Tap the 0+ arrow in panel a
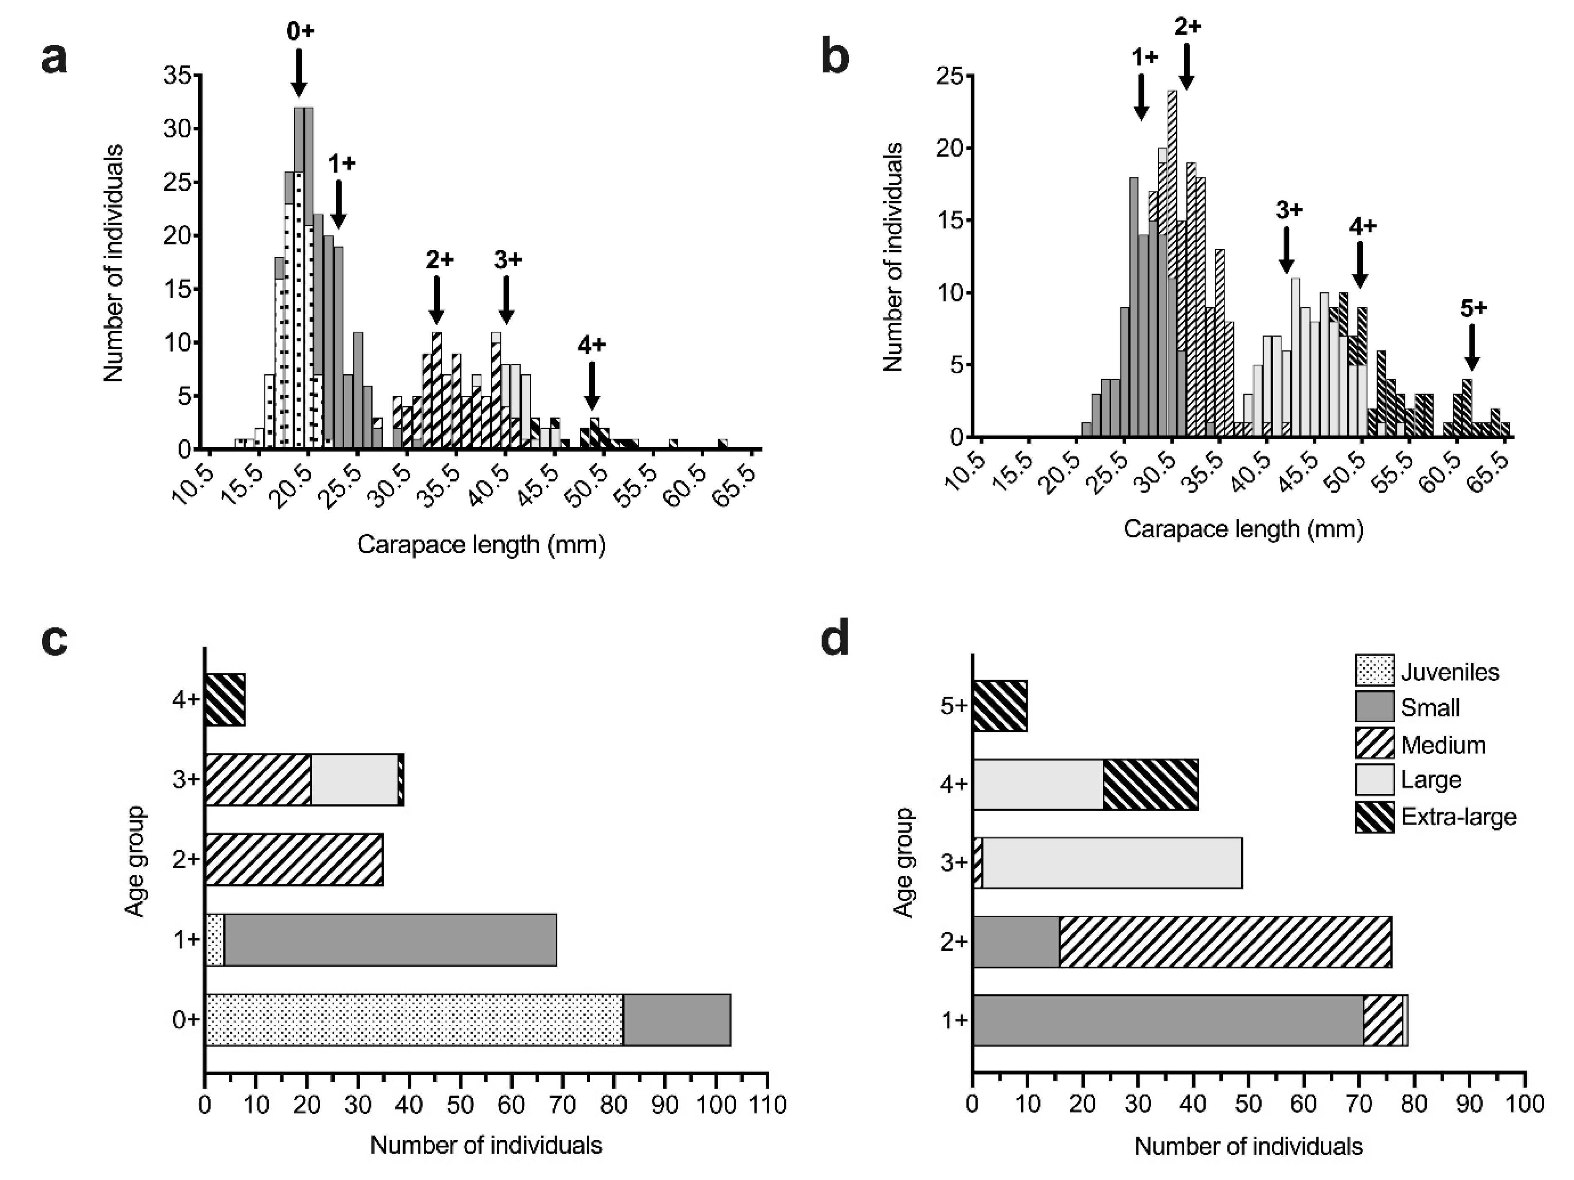coord(299,73)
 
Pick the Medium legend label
coord(1443,745)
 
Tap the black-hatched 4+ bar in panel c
coord(225,700)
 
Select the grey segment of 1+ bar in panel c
coord(390,940)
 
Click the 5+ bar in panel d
coord(1000,706)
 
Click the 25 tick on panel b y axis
coord(950,76)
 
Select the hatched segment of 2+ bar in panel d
coord(1224,941)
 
